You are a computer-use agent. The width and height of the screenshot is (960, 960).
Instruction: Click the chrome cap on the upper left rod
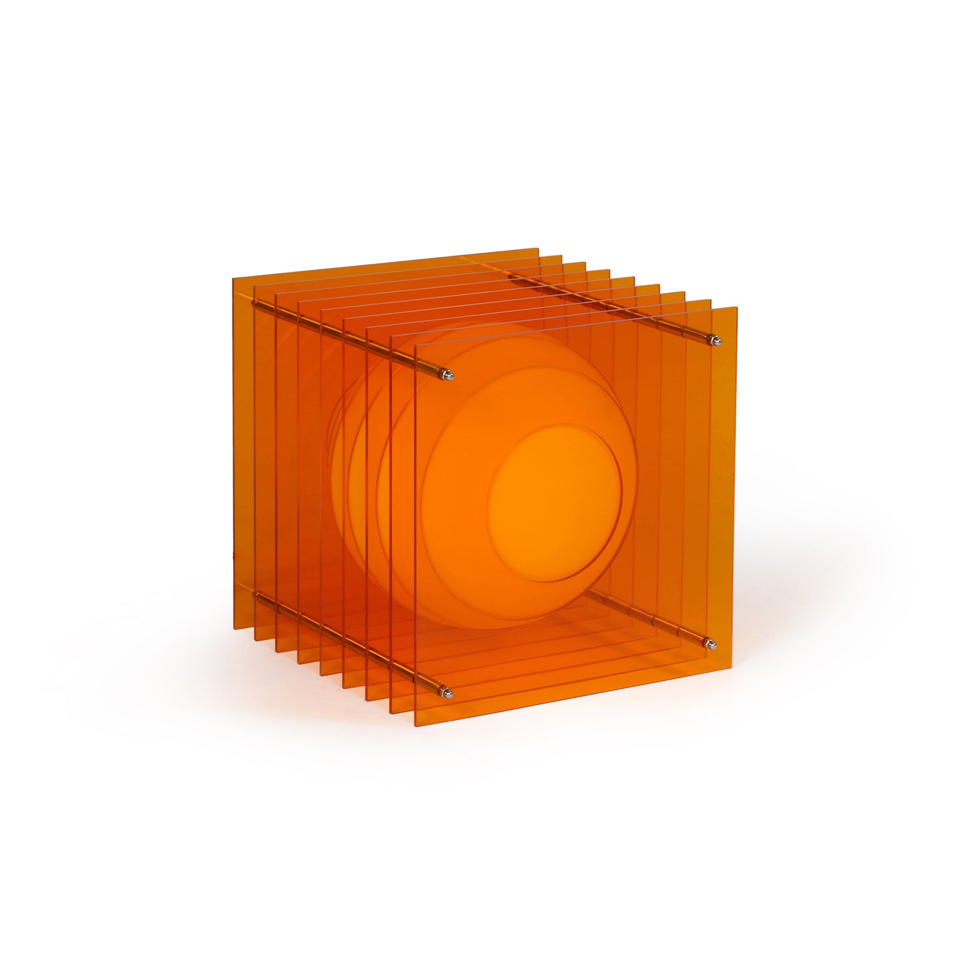point(448,376)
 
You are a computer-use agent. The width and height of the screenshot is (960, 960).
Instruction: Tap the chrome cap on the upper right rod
point(714,341)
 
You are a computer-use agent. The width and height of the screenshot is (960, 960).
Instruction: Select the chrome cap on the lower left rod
point(448,694)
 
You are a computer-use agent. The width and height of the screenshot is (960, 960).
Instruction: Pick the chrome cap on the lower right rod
point(710,643)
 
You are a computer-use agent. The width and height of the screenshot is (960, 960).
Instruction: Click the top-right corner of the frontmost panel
point(737,308)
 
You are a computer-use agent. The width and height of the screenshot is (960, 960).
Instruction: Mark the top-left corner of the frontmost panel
point(415,346)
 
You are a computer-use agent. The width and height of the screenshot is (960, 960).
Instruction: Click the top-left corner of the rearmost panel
point(233,278)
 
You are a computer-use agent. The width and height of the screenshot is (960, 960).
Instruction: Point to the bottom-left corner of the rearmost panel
point(235,626)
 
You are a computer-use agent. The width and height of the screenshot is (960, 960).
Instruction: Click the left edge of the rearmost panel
point(234,452)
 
